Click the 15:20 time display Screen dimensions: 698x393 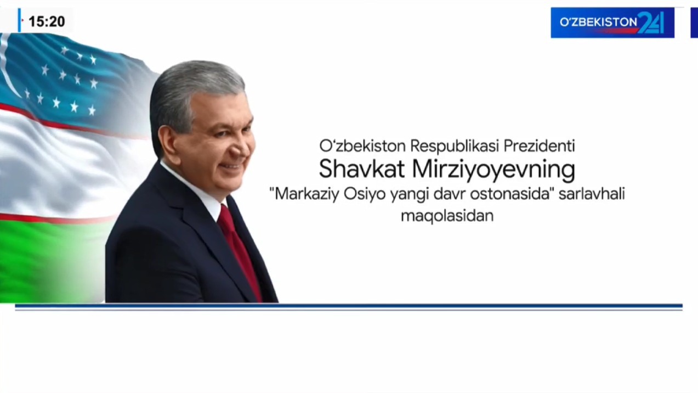pos(47,21)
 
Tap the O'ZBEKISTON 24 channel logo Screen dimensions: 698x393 pos(612,23)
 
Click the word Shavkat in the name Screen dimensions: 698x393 pos(362,170)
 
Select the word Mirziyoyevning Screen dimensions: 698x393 pos(494,171)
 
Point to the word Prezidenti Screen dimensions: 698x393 pos(539,145)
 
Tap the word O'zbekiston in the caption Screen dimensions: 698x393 pos(362,145)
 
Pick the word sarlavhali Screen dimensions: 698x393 pos(592,194)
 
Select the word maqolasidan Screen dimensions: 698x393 pos(447,216)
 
